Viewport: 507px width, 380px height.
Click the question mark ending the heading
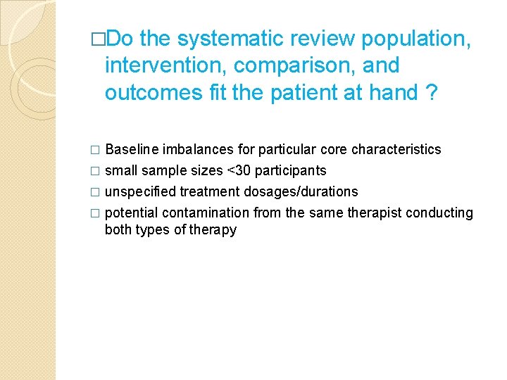pyautogui.click(x=431, y=92)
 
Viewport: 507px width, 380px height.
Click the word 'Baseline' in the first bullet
pyautogui.click(x=132, y=149)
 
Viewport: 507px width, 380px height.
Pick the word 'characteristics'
pyautogui.click(x=396, y=149)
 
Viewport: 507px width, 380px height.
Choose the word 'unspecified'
pyautogui.click(x=140, y=191)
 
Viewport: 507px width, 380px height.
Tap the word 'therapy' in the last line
pyautogui.click(x=213, y=230)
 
